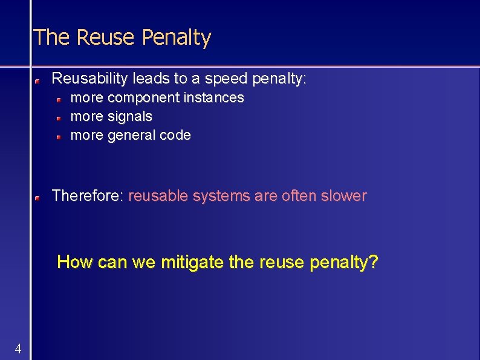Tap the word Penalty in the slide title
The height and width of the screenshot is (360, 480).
(176, 38)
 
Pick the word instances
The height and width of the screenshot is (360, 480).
(214, 97)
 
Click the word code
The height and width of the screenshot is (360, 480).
(175, 135)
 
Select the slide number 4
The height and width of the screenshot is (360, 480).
(18, 349)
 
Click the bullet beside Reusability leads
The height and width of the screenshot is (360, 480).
(37, 80)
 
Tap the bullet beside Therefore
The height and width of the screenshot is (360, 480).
(37, 197)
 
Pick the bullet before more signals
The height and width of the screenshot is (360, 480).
(59, 117)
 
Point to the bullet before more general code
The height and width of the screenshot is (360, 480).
(59, 137)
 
